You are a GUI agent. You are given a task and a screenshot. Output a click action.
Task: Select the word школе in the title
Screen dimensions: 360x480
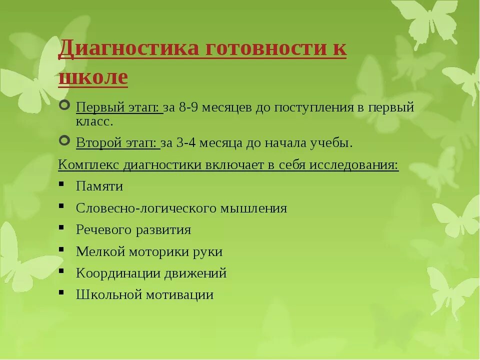pos(93,77)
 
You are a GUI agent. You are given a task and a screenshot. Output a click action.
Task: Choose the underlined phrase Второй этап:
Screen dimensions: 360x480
pos(118,143)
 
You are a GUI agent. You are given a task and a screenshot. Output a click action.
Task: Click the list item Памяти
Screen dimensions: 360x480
pos(99,186)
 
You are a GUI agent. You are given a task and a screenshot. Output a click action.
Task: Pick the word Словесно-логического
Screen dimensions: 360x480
pos(146,208)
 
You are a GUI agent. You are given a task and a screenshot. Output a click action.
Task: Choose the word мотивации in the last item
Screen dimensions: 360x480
pos(179,295)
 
